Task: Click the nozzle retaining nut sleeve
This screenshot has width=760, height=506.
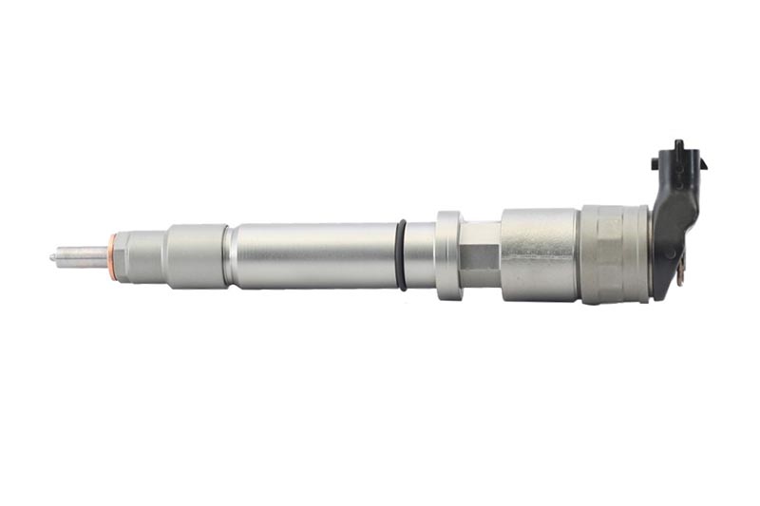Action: [195, 254]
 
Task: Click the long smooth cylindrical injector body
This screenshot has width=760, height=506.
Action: [313, 254]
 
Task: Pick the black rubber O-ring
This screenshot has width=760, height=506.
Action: [402, 254]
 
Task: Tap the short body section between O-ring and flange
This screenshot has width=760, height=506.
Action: [421, 254]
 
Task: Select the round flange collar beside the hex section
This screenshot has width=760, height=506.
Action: [448, 254]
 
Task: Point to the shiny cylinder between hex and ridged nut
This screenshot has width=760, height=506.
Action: [539, 254]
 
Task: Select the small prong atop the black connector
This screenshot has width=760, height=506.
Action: [678, 145]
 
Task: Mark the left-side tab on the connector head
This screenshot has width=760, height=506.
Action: [656, 163]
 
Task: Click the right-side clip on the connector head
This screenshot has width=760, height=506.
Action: [702, 163]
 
